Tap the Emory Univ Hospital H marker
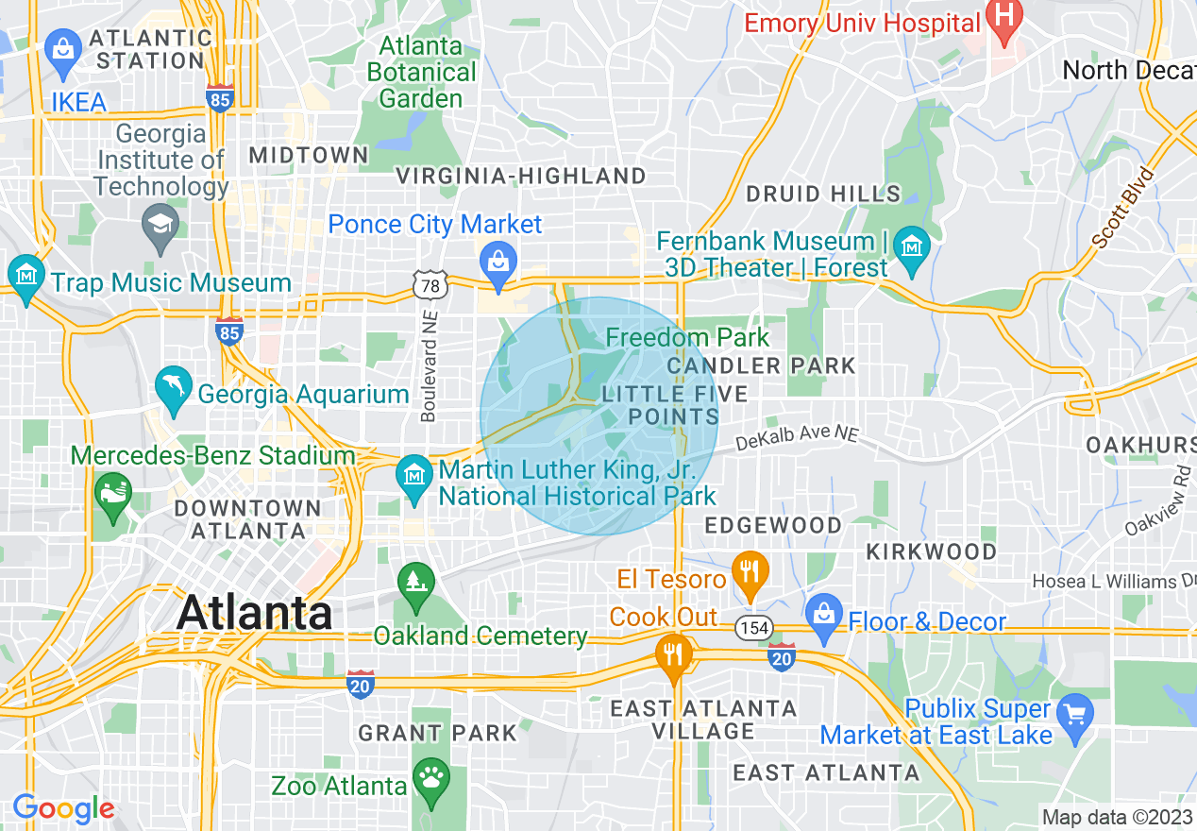point(1004,16)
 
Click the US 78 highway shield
point(429,284)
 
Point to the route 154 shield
point(755,628)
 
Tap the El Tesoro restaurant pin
point(750,571)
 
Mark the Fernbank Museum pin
point(912,247)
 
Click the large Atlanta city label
point(255,613)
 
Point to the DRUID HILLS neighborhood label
point(823,195)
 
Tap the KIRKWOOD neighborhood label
point(931,551)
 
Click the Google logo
point(63,808)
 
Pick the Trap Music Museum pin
point(25,275)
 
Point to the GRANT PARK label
point(437,733)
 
